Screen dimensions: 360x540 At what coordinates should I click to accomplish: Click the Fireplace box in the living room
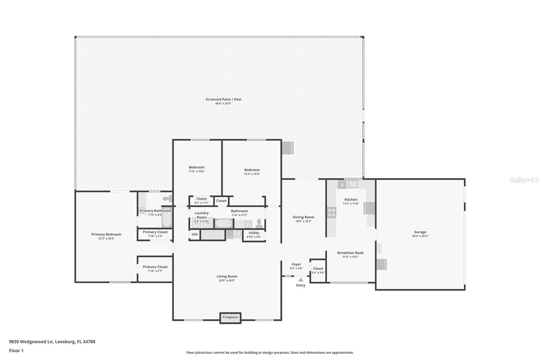coord(230,317)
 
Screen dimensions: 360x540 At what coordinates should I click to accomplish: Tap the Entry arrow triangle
coord(301,280)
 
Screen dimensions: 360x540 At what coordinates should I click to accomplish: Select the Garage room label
coord(420,232)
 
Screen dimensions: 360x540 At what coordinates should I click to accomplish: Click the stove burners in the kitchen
coord(331,212)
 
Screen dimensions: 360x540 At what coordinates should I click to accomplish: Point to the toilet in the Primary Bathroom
coord(167,199)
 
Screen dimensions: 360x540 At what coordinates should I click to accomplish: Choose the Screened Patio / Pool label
coord(223,99)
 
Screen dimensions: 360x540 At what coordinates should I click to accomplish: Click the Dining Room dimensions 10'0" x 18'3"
coord(303,221)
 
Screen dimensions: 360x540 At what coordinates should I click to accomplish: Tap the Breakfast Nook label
coord(350,253)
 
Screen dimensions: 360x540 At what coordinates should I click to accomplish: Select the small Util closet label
coord(195,234)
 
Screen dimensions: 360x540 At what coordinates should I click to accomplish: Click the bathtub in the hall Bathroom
coord(224,224)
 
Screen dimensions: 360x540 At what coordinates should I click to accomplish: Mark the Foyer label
coord(296,264)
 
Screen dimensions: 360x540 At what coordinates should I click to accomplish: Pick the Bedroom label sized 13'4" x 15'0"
coord(252,170)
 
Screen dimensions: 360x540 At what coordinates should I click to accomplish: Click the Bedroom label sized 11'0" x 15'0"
coord(196,167)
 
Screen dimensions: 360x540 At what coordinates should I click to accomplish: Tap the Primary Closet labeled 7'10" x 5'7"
coord(155,267)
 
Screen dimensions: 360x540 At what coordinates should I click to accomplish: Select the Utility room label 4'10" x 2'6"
coord(254,233)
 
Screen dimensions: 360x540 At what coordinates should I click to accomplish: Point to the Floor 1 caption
coord(16,351)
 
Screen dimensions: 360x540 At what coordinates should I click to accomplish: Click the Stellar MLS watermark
coord(524,180)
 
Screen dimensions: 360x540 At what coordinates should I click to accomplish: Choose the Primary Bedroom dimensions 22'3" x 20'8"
coord(106,238)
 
